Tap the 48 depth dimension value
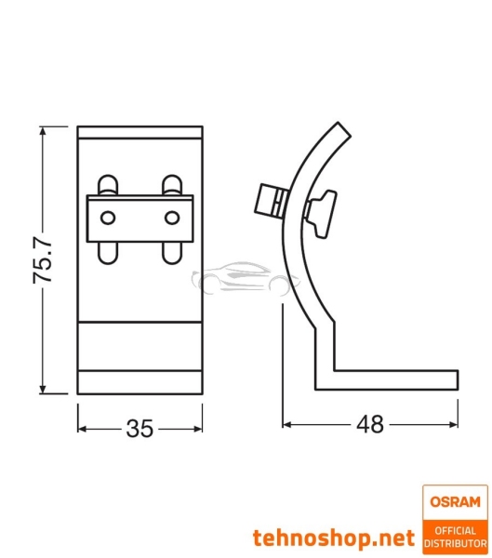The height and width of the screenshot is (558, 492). pos(369,425)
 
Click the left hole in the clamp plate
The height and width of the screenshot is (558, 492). pos(109,217)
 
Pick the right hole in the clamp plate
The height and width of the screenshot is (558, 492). pos(171,217)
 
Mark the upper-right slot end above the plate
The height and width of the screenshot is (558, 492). pos(170,183)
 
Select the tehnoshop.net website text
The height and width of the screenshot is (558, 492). pos(333,538)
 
